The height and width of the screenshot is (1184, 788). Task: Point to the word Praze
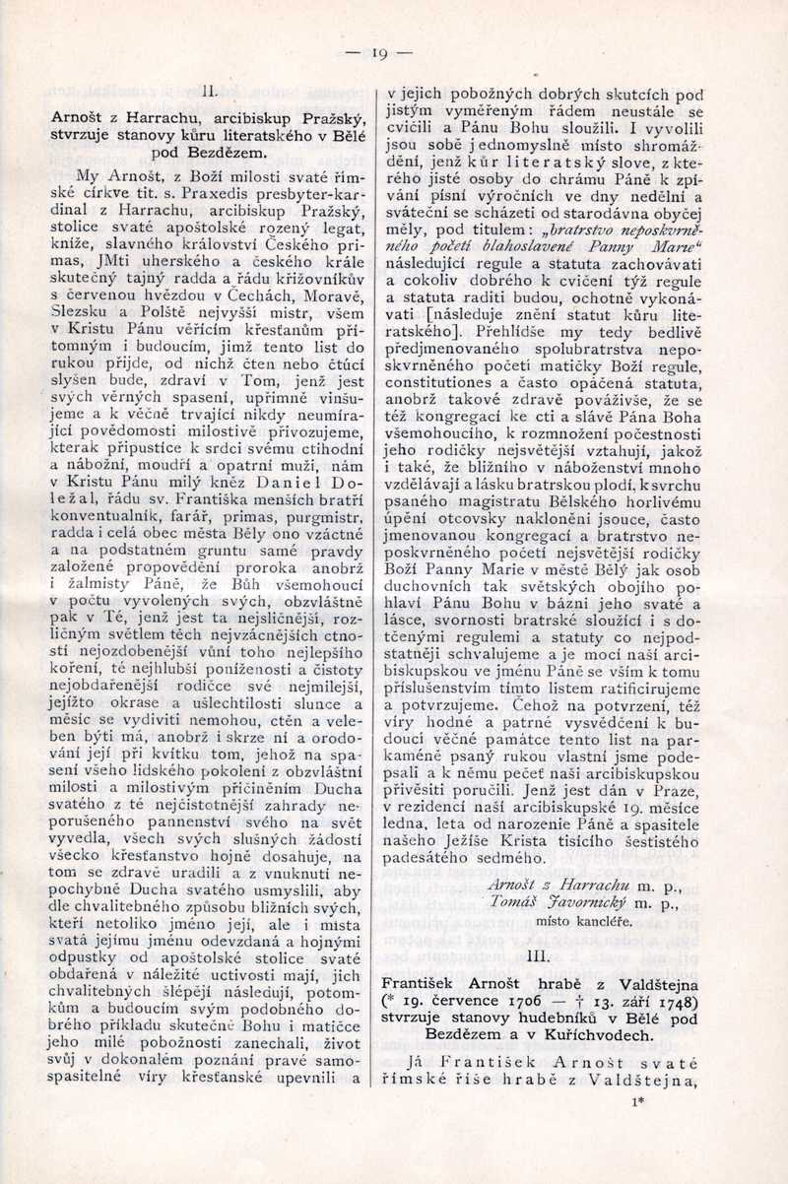coord(679,731)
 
